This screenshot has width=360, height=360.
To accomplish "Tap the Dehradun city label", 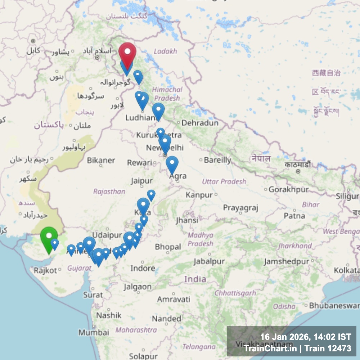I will point(200,123).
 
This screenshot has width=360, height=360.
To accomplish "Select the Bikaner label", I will point(101,160).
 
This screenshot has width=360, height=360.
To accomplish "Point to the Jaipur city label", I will point(141,181).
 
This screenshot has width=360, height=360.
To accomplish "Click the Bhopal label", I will point(168,247).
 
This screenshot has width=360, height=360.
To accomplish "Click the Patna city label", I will point(294,216).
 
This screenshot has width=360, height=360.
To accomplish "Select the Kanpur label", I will point(199,195).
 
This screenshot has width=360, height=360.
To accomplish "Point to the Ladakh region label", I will point(165,51).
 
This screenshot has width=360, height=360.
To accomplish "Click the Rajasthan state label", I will point(109,192).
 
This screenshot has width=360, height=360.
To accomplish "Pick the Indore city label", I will point(143,268).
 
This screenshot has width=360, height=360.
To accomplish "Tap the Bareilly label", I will point(217,160).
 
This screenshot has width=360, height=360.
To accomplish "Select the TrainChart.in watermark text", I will point(270,348).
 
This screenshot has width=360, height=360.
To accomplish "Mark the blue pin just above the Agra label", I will point(172,164).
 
